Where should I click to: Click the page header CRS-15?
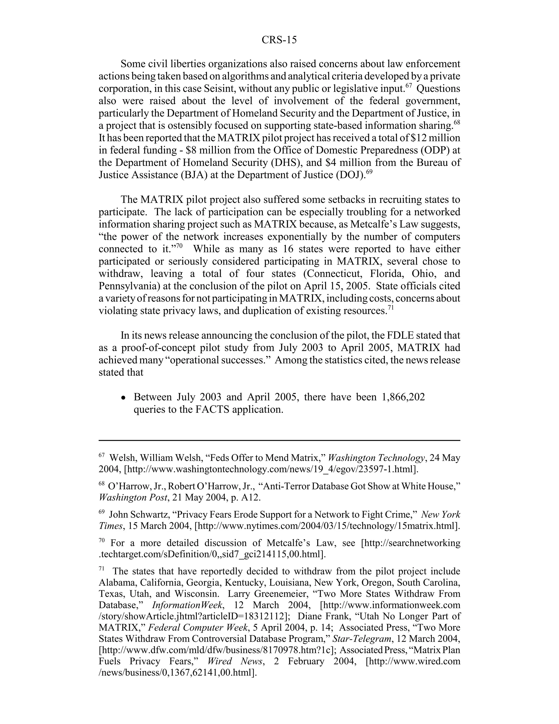(279, 40)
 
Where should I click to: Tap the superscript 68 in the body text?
(457, 122)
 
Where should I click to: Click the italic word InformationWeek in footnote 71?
(188, 605)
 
